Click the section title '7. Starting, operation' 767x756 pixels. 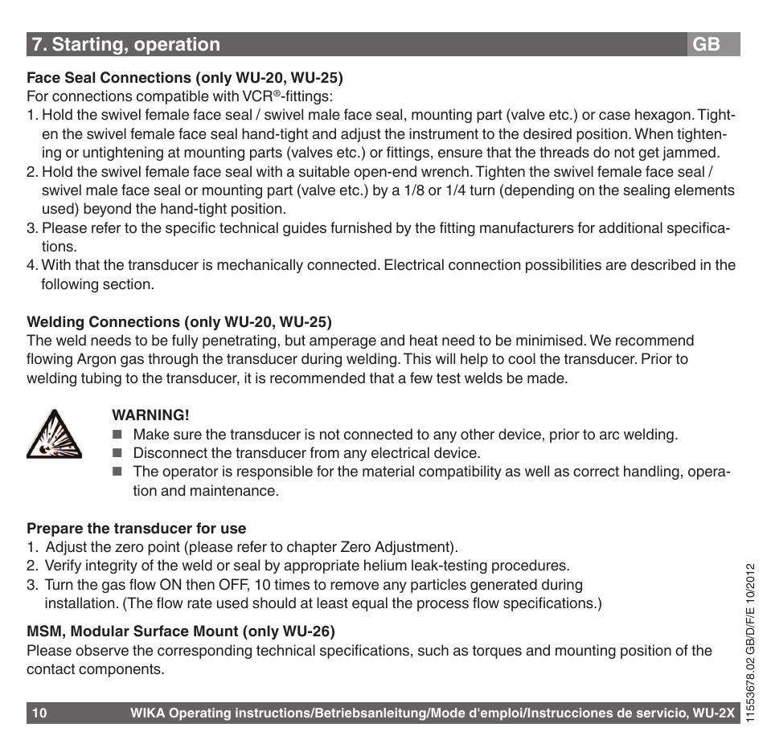point(125,45)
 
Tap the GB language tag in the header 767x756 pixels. point(706,45)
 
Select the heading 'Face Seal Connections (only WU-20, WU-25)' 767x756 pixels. point(184,78)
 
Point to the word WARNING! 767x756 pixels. point(150,415)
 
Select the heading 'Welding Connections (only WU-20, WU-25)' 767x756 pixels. point(179,322)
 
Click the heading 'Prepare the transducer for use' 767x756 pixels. point(137,529)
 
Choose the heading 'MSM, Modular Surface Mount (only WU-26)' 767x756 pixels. point(181,631)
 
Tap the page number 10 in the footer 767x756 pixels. point(40,713)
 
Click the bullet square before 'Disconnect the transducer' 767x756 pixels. point(116,454)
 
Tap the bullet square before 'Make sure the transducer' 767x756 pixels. point(116,435)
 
